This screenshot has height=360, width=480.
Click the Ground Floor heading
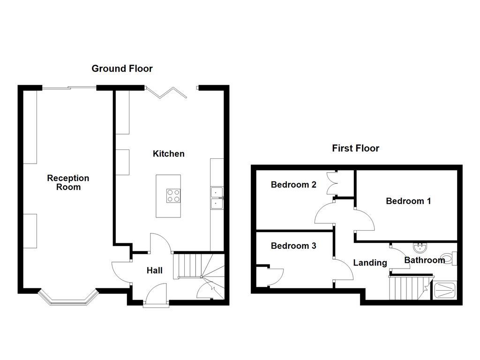tap(122, 68)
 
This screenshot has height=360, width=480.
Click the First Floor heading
tap(355, 148)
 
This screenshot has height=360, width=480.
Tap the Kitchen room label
tap(168, 154)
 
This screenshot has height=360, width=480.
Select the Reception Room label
tap(68, 182)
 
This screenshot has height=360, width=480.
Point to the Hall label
tap(154, 270)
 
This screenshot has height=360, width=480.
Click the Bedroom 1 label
tap(408, 201)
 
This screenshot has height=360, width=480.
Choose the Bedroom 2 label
tap(293, 185)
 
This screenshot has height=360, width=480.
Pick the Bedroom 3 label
tap(293, 246)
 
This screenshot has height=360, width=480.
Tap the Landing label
tap(370, 263)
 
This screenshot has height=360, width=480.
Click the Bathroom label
tap(424, 260)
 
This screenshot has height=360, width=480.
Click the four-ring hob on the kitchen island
tap(173, 195)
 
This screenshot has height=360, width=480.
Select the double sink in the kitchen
tap(217, 198)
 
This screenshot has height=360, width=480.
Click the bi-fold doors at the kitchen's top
tap(167, 91)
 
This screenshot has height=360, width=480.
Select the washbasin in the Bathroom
tap(419, 247)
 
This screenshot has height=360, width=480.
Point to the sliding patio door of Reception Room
tap(69, 87)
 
